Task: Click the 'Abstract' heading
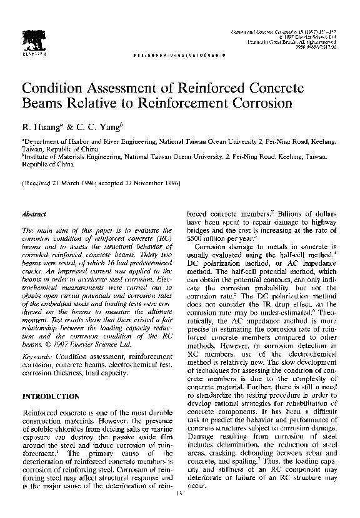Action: tap(34, 214)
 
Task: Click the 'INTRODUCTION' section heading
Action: tap(51, 396)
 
